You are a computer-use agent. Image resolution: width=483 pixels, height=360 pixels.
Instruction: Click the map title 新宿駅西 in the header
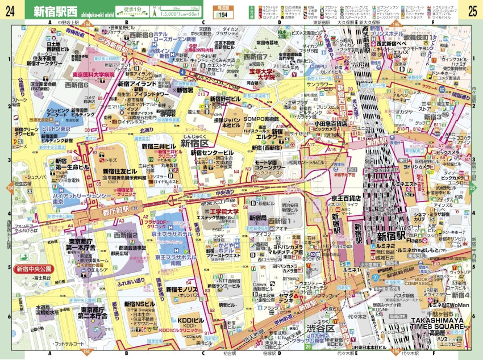pos(56,10)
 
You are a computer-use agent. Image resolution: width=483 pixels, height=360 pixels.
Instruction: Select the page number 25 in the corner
pos(472,10)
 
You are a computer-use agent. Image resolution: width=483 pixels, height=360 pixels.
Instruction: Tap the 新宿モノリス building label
pos(182,289)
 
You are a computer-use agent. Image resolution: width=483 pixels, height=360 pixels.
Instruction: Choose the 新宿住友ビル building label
pos(120,171)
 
